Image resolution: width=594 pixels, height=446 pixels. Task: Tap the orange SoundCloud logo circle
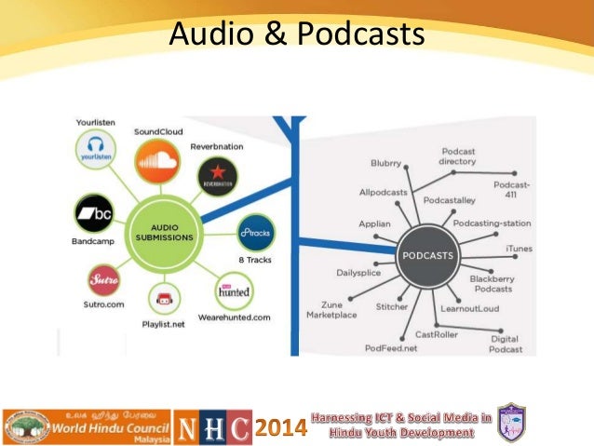point(155,166)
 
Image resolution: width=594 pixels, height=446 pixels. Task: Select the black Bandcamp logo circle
point(96,214)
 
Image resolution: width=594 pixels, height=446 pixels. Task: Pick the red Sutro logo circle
point(102,277)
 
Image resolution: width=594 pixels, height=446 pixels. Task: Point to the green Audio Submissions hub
point(166,233)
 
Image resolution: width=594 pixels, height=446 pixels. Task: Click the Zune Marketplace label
point(332,309)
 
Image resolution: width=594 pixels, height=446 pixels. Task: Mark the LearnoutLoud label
point(470,308)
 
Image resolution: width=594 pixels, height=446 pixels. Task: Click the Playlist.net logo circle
point(163,301)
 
